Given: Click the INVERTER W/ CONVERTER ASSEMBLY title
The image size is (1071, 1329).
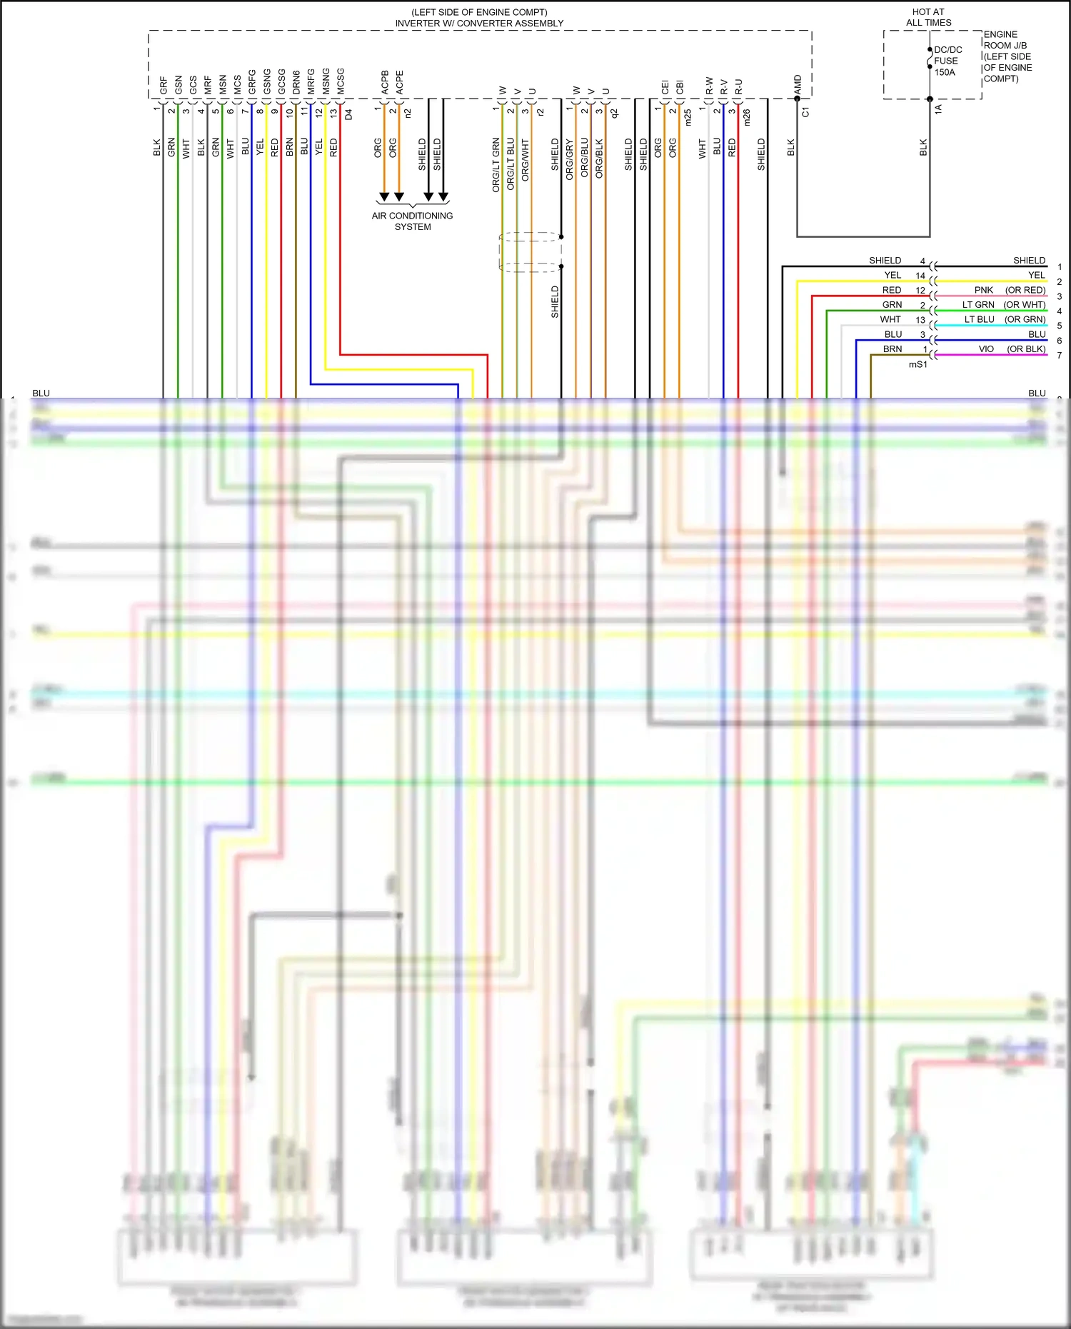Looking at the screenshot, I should pos(479,24).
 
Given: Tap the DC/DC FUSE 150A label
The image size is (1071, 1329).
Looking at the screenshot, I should pos(947,61).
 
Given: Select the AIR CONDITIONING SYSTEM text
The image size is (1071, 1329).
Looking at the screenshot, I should pos(412,221).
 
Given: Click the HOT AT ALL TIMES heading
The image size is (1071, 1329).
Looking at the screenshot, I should pos(928,17).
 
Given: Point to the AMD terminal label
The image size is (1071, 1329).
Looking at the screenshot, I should pos(798,84).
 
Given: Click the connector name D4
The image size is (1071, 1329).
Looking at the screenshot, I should pos(348,114).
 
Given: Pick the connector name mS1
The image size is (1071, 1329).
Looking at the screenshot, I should pos(917,364).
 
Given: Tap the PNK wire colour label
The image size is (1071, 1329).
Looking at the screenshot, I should pos(983,290).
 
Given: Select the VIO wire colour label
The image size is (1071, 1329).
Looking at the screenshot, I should pos(985,349).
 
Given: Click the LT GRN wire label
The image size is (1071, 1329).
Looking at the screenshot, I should pos(977,305).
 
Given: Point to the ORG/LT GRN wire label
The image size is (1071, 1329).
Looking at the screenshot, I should pos(496,166).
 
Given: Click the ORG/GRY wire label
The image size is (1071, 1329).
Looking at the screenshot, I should pos(570,159).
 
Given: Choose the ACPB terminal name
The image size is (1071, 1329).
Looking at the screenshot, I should pos(385,82).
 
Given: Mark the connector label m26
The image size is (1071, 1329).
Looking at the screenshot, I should pos(747,118).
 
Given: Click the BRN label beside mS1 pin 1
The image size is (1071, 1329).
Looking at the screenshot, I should pos(892,349).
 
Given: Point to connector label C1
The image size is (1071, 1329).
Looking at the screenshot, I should pos(805,112).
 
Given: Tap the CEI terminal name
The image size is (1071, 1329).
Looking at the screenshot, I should pos(665,87).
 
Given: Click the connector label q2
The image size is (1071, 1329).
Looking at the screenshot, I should pos(614,113).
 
